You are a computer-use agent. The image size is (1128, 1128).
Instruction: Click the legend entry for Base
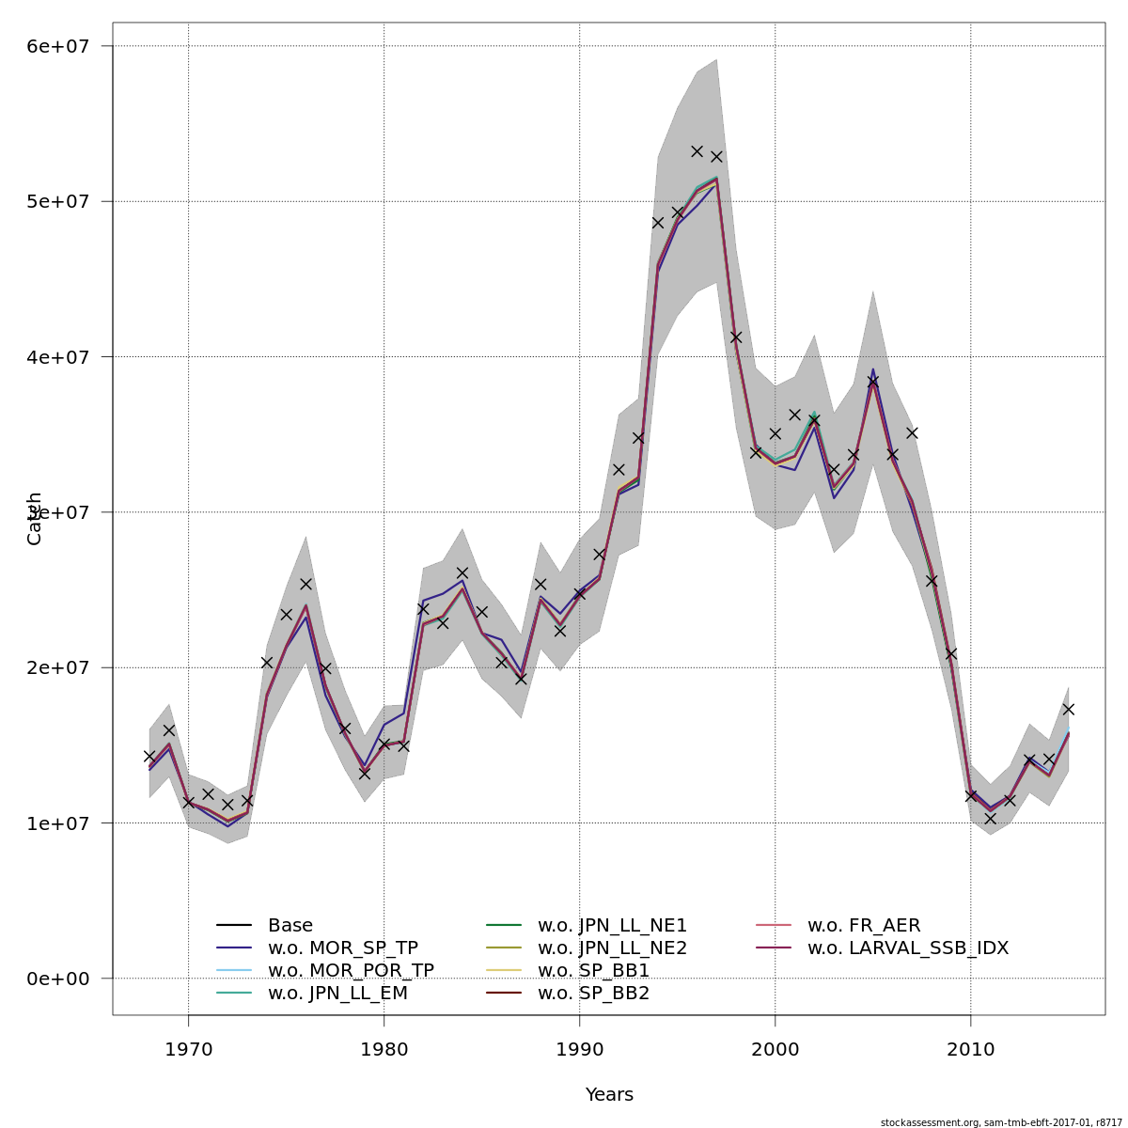coord(290,926)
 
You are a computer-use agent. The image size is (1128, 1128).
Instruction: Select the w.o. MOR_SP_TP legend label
coord(342,948)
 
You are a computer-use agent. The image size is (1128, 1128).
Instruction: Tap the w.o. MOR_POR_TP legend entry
coord(351,971)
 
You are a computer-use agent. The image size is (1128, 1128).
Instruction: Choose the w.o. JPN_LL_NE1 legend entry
coord(612,926)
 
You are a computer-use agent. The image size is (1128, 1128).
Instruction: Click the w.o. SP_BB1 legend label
coord(593,971)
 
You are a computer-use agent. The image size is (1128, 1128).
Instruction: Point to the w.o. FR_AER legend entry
coord(864,926)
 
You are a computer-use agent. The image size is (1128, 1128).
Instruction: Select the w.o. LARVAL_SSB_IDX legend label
coord(908,948)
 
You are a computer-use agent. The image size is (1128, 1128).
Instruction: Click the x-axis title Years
coord(609,1095)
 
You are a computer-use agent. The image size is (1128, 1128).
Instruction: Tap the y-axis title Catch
coord(35,518)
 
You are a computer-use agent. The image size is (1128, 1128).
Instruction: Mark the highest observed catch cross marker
coord(697,150)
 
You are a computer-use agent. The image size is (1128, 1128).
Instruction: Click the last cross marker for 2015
coord(1068,709)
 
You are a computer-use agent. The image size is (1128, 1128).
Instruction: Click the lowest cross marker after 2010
coord(990,819)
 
